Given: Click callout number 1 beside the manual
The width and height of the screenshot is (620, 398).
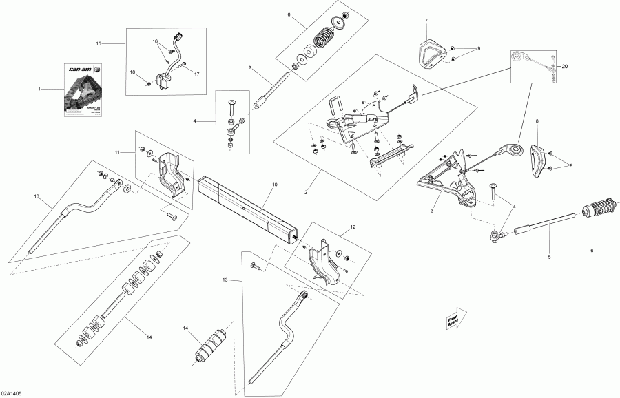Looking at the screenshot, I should [40, 89].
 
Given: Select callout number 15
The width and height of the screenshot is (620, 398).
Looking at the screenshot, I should [99, 43].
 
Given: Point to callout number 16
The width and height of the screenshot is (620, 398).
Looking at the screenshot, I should [155, 41].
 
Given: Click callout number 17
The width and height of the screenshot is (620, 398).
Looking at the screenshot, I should [196, 74].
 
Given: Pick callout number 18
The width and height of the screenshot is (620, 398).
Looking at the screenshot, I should [133, 72].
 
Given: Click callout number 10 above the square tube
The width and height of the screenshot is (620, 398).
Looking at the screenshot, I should [274, 185].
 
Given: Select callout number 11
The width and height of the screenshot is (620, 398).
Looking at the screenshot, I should [118, 151].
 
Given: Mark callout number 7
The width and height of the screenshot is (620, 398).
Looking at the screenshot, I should [426, 21].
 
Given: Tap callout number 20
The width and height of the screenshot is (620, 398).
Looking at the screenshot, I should [565, 67].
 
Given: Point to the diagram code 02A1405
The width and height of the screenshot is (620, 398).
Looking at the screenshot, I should [14, 392].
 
